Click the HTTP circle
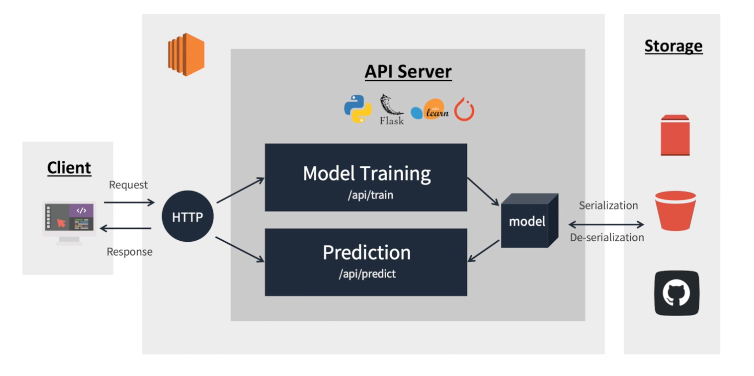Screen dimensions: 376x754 [x=187, y=217]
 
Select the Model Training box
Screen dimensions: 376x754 [x=366, y=177]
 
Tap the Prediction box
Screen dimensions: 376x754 [x=366, y=262]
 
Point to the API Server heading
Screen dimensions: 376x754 [x=408, y=72]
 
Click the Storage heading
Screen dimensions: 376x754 [x=673, y=46]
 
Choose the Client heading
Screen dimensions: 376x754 [x=69, y=168]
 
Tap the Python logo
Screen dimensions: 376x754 [x=358, y=109]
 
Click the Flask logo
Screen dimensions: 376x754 [x=391, y=110]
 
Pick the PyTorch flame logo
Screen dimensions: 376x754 [x=464, y=110]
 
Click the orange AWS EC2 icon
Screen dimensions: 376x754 [x=186, y=54]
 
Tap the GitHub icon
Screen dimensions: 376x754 [x=676, y=293]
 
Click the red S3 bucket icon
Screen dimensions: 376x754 [x=675, y=211]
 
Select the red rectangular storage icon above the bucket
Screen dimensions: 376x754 [x=675, y=135]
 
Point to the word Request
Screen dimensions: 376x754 [x=128, y=185]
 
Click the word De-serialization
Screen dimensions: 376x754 [x=607, y=238]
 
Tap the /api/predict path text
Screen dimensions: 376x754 [x=367, y=274]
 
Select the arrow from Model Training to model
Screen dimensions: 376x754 [x=483, y=192]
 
